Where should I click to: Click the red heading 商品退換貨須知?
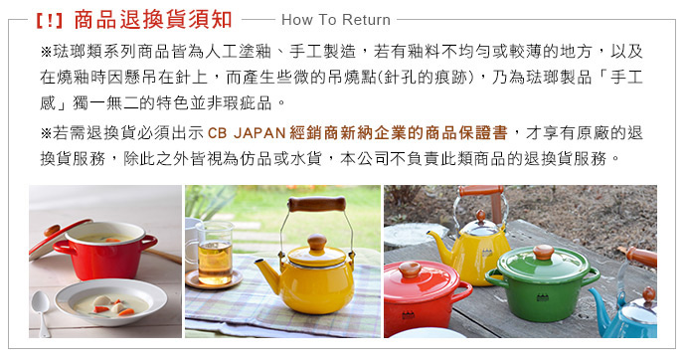click(153, 20)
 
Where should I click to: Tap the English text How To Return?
click(336, 20)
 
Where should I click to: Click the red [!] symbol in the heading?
click(50, 21)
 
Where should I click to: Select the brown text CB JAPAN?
click(247, 132)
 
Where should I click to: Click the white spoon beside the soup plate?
click(41, 311)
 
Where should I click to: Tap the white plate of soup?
click(110, 301)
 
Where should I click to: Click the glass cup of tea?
click(214, 254)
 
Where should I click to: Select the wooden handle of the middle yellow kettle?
click(317, 204)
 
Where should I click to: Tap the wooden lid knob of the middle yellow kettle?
click(317, 243)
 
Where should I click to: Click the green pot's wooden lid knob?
click(544, 251)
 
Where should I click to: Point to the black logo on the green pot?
click(543, 297)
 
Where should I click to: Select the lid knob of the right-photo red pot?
click(410, 270)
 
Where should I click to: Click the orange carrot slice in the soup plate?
click(126, 312)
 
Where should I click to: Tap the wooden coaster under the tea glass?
click(214, 280)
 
